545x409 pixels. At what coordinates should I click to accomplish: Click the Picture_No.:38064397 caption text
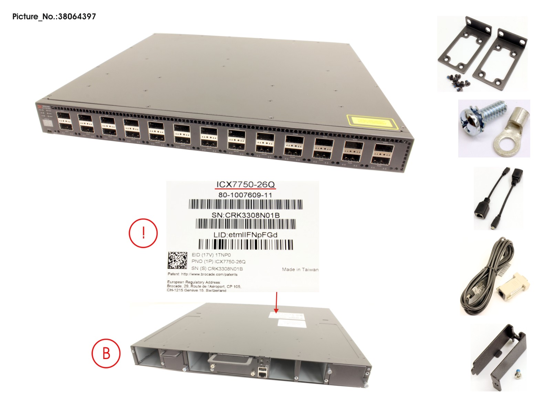pyautogui.click(x=54, y=17)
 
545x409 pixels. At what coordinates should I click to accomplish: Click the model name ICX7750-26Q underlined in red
pyautogui.click(x=245, y=185)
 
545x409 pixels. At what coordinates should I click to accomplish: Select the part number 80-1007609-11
pyautogui.click(x=245, y=195)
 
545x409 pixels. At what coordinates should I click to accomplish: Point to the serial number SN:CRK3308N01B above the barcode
pyautogui.click(x=245, y=215)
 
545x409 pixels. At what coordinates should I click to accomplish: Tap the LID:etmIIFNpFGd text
pyautogui.click(x=245, y=235)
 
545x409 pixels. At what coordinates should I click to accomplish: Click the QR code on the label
pyautogui.click(x=177, y=260)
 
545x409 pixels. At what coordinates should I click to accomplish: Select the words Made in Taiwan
pyautogui.click(x=300, y=269)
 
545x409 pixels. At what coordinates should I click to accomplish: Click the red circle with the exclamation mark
pyautogui.click(x=143, y=233)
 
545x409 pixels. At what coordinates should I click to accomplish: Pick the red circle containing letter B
pyautogui.click(x=106, y=354)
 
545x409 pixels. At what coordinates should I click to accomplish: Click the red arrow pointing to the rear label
pyautogui.click(x=276, y=303)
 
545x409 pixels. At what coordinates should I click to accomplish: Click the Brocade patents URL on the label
pyautogui.click(x=209, y=274)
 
